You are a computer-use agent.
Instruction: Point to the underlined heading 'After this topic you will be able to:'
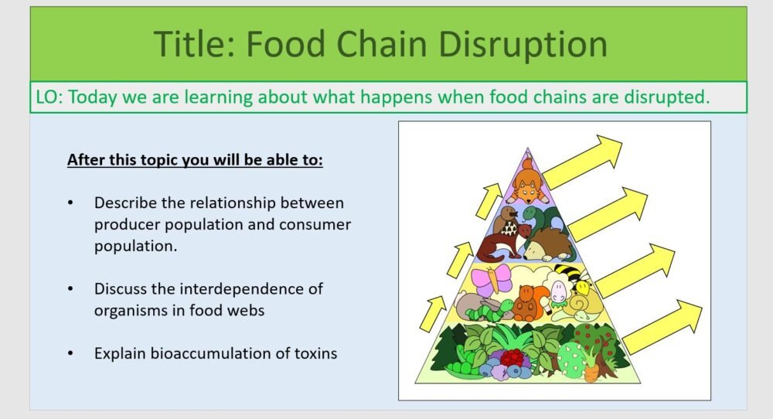pos(195,160)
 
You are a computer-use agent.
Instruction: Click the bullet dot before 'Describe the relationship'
pos(72,203)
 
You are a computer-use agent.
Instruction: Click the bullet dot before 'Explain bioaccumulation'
pos(72,353)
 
